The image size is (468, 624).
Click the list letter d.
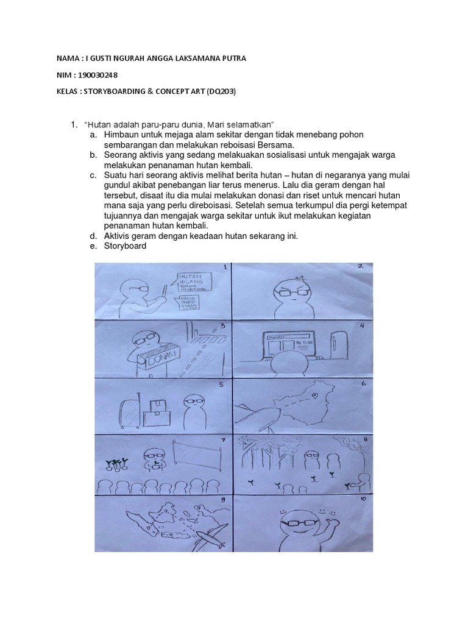[91, 236]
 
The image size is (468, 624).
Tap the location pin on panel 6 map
[315, 396]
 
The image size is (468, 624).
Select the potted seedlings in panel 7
[116, 464]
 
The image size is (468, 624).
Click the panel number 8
[364, 442]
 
